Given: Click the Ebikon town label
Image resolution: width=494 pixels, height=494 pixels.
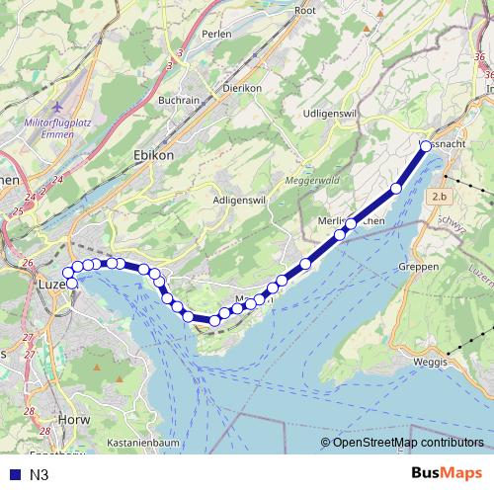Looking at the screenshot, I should pos(153,155).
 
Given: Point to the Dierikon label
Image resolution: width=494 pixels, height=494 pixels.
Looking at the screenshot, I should pos(241,88).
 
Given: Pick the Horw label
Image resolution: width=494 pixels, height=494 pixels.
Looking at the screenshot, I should pos(74,419).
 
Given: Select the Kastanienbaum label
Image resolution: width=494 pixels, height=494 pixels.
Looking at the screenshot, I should pos(143,444).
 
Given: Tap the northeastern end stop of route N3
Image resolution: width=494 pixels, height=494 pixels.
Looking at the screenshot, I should pos(425,146).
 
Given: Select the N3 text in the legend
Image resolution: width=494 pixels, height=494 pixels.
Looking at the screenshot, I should pos(39,475).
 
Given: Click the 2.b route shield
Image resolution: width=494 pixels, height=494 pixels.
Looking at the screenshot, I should pos(439,198).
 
